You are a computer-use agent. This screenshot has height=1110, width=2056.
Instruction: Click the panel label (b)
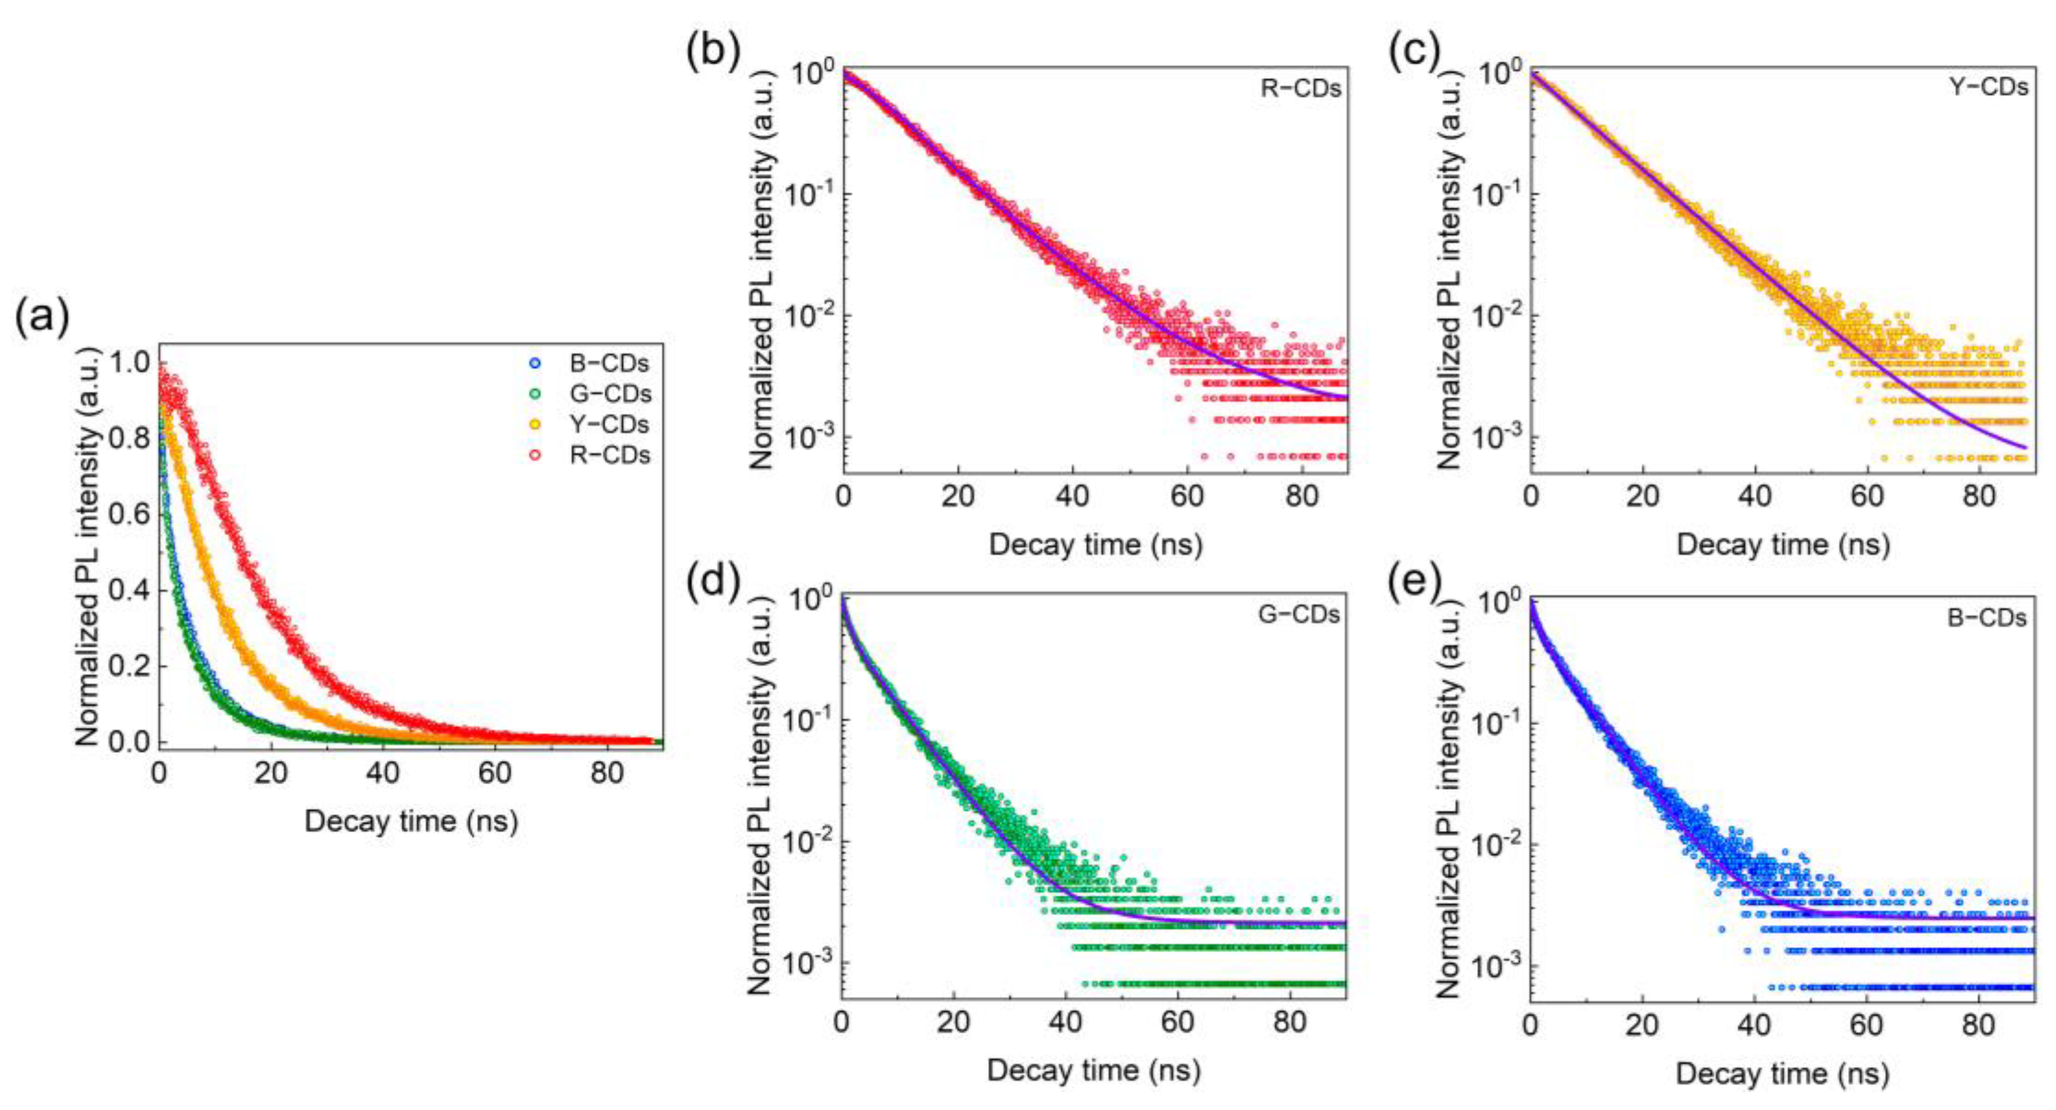pos(713,53)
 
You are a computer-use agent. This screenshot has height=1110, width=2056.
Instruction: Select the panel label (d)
pos(713,580)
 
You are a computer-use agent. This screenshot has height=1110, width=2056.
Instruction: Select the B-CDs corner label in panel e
pos(1987,618)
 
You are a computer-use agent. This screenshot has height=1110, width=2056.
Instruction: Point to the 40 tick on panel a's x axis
pos(382,773)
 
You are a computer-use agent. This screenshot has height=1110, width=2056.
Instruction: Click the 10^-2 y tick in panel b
pos(811,316)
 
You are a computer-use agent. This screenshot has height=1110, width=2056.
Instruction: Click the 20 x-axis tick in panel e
pos(1642,1025)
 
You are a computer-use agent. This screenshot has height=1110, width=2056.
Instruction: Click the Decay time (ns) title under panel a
pos(411,821)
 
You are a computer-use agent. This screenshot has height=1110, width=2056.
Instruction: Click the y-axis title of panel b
pos(762,270)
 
